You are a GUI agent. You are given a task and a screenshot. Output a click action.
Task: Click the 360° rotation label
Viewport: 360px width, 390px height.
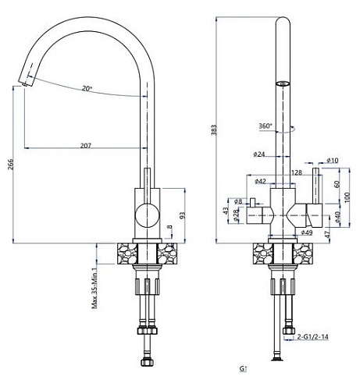click(x=265, y=125)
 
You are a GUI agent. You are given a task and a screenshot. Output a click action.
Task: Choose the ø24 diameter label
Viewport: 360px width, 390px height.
click(x=260, y=154)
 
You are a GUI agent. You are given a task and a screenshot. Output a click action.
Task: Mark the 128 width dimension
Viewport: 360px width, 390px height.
click(x=297, y=172)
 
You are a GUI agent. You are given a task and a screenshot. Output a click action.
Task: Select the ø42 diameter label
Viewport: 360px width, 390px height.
click(x=259, y=181)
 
